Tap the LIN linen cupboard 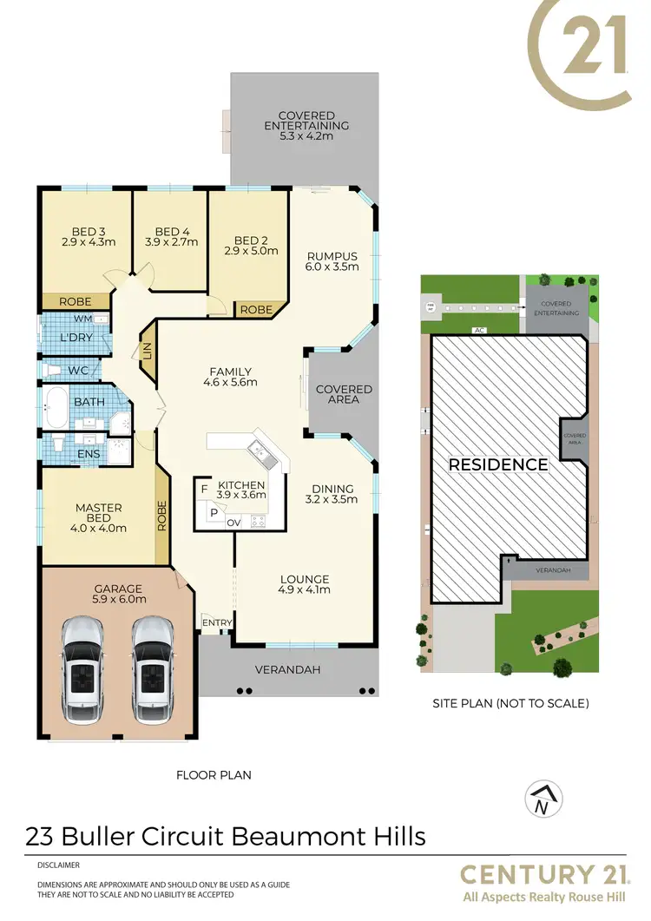(148, 351)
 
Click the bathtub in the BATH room (56, 408)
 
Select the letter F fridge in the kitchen (204, 490)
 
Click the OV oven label (233, 523)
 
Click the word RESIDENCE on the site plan (498, 464)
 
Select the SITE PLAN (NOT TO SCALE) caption (510, 703)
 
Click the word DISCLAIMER (58, 865)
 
